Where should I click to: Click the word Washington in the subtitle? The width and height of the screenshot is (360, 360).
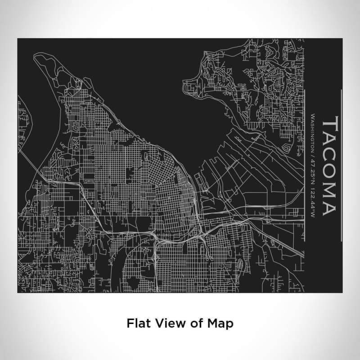coord(312,134)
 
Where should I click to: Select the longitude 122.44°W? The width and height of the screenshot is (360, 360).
coord(312,203)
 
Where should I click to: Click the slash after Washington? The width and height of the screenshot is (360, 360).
coord(312,157)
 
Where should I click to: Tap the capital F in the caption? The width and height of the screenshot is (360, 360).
coord(130,323)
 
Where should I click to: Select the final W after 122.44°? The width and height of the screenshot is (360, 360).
coord(312,216)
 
